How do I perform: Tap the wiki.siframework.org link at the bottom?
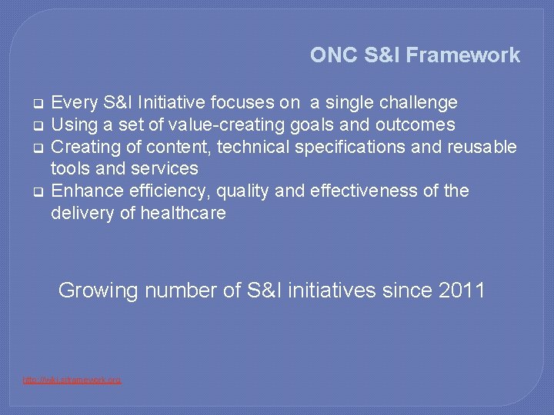point(72,380)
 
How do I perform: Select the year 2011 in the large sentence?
point(462,290)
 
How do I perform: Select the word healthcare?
point(183,213)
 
